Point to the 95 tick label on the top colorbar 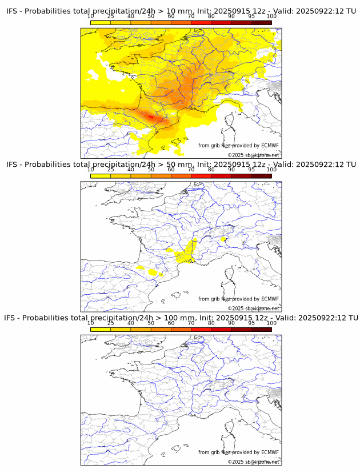click(x=251, y=16)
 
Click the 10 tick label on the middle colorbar click(x=91, y=170)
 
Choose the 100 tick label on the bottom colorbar click(x=271, y=323)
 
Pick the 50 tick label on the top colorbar click(x=151, y=16)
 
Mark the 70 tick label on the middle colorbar click(x=191, y=170)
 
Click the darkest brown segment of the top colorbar click(x=261, y=22)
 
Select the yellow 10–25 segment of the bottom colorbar click(x=101, y=329)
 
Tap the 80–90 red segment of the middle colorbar click(x=221, y=176)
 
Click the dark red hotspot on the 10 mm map click(x=151, y=117)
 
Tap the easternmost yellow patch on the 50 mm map click(x=223, y=239)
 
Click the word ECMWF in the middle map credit click(x=270, y=299)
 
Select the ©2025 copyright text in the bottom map click(x=236, y=462)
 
